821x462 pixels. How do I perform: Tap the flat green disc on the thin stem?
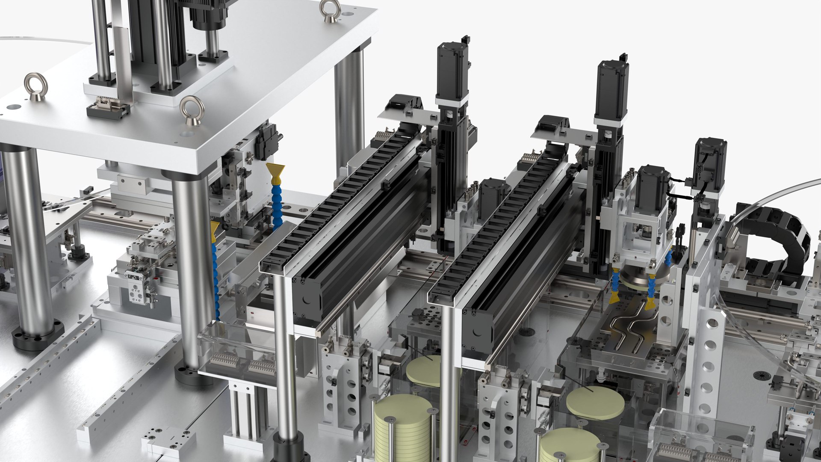595,403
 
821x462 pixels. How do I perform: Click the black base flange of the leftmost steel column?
38,336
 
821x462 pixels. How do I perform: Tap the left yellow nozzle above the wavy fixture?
614,297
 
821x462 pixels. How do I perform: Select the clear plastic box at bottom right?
701,436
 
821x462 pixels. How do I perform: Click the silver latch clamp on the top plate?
108,107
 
